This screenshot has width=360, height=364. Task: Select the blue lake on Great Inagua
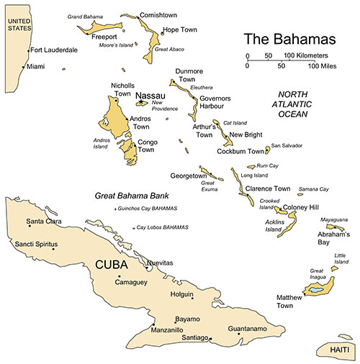click(316, 291)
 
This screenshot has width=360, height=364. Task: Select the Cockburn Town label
click(240, 152)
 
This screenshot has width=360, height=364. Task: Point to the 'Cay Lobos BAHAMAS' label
click(163, 227)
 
